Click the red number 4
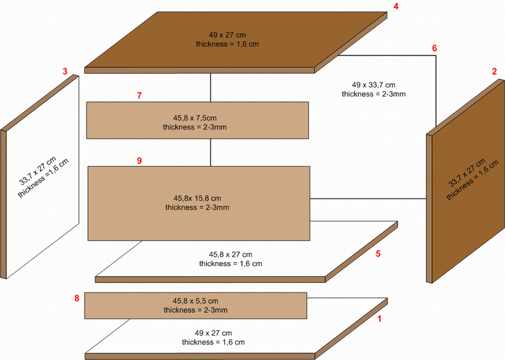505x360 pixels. [x=395, y=7]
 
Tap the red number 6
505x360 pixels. [x=435, y=48]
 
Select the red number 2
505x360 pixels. [x=494, y=72]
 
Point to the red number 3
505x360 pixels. [x=65, y=71]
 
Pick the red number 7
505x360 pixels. [x=139, y=95]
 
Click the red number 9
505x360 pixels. [x=139, y=161]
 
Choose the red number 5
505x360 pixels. [x=378, y=254]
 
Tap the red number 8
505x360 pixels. [x=76, y=299]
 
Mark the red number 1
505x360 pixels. [x=379, y=319]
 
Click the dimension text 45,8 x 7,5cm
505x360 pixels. [x=195, y=118]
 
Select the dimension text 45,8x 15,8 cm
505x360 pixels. [x=197, y=198]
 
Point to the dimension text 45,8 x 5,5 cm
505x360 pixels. [x=195, y=301]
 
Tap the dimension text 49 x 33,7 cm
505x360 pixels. [x=374, y=85]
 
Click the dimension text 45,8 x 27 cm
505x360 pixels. [x=231, y=255]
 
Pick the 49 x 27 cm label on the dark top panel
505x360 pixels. [x=227, y=34]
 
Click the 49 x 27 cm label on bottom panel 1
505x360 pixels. [x=213, y=333]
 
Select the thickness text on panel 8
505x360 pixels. [x=195, y=310]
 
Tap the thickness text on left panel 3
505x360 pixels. [x=43, y=178]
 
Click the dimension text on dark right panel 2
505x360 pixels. [x=467, y=173]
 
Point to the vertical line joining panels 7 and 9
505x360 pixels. [x=211, y=153]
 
